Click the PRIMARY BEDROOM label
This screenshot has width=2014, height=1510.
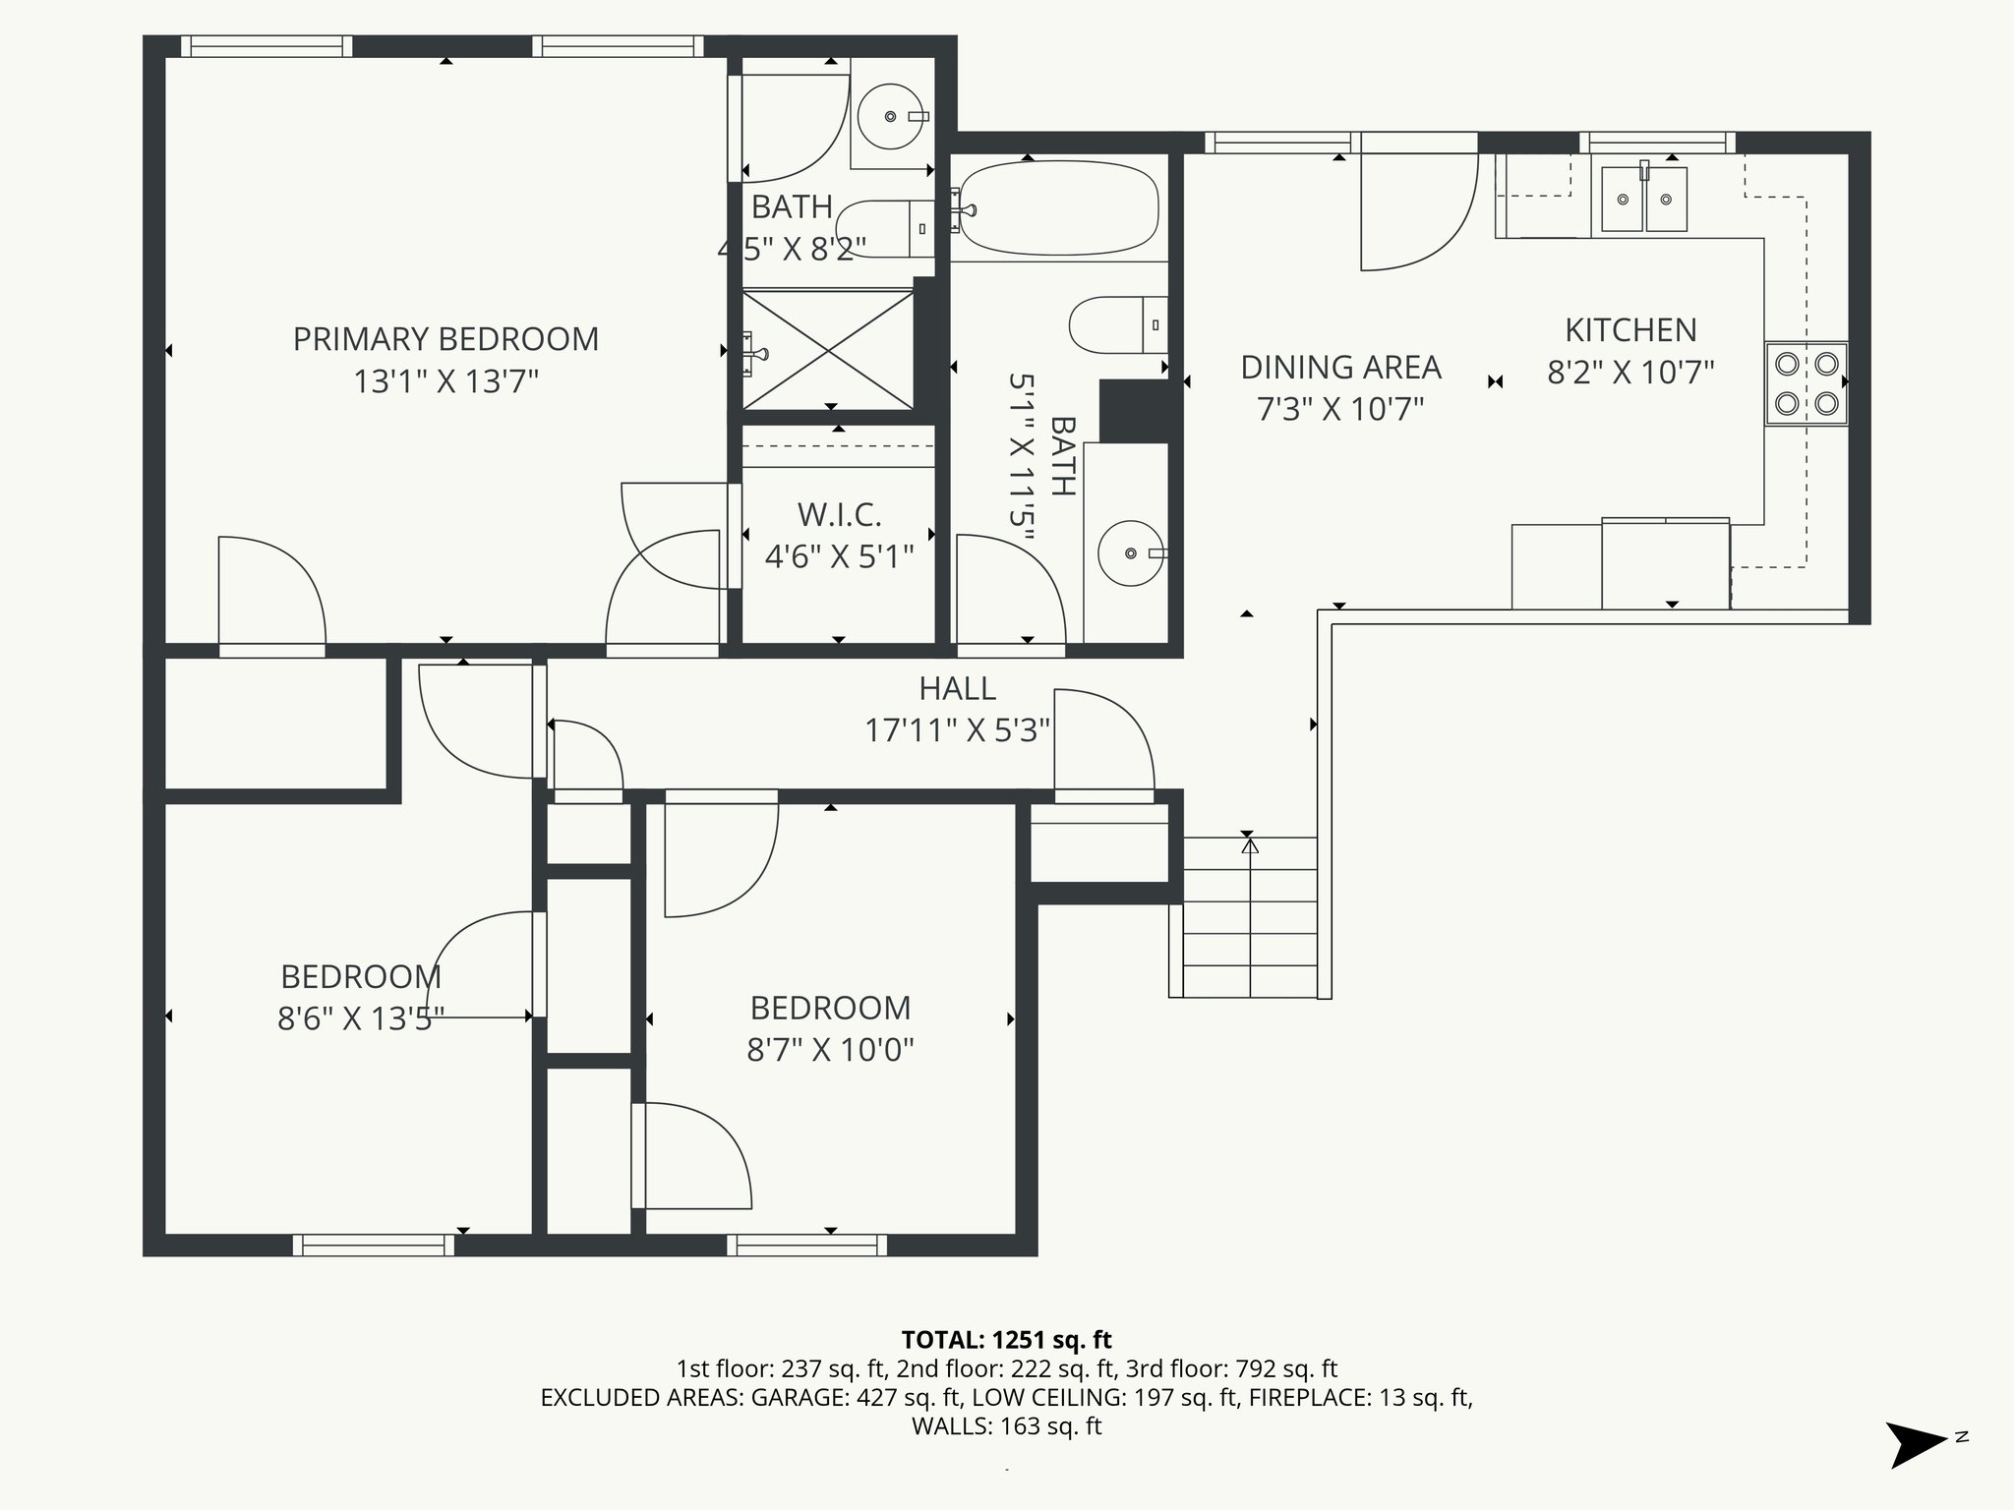[445, 339]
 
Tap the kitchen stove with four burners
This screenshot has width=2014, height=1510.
[1806, 383]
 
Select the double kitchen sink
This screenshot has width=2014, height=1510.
[1643, 200]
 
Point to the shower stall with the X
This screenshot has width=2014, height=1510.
[828, 349]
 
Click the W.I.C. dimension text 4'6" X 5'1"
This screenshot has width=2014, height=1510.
[839, 557]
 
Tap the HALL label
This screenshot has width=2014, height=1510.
[957, 688]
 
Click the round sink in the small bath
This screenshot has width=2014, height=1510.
[891, 116]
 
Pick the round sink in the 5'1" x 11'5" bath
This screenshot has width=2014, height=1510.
[1132, 553]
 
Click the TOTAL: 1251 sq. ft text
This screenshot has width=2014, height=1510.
[1006, 1339]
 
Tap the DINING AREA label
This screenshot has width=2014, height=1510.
[1340, 368]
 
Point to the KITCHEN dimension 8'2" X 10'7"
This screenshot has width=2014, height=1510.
[1630, 373]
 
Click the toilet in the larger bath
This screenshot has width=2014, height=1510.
[1117, 324]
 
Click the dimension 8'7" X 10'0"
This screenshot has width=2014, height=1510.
[830, 1050]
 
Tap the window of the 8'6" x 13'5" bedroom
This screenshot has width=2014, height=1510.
[374, 1246]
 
